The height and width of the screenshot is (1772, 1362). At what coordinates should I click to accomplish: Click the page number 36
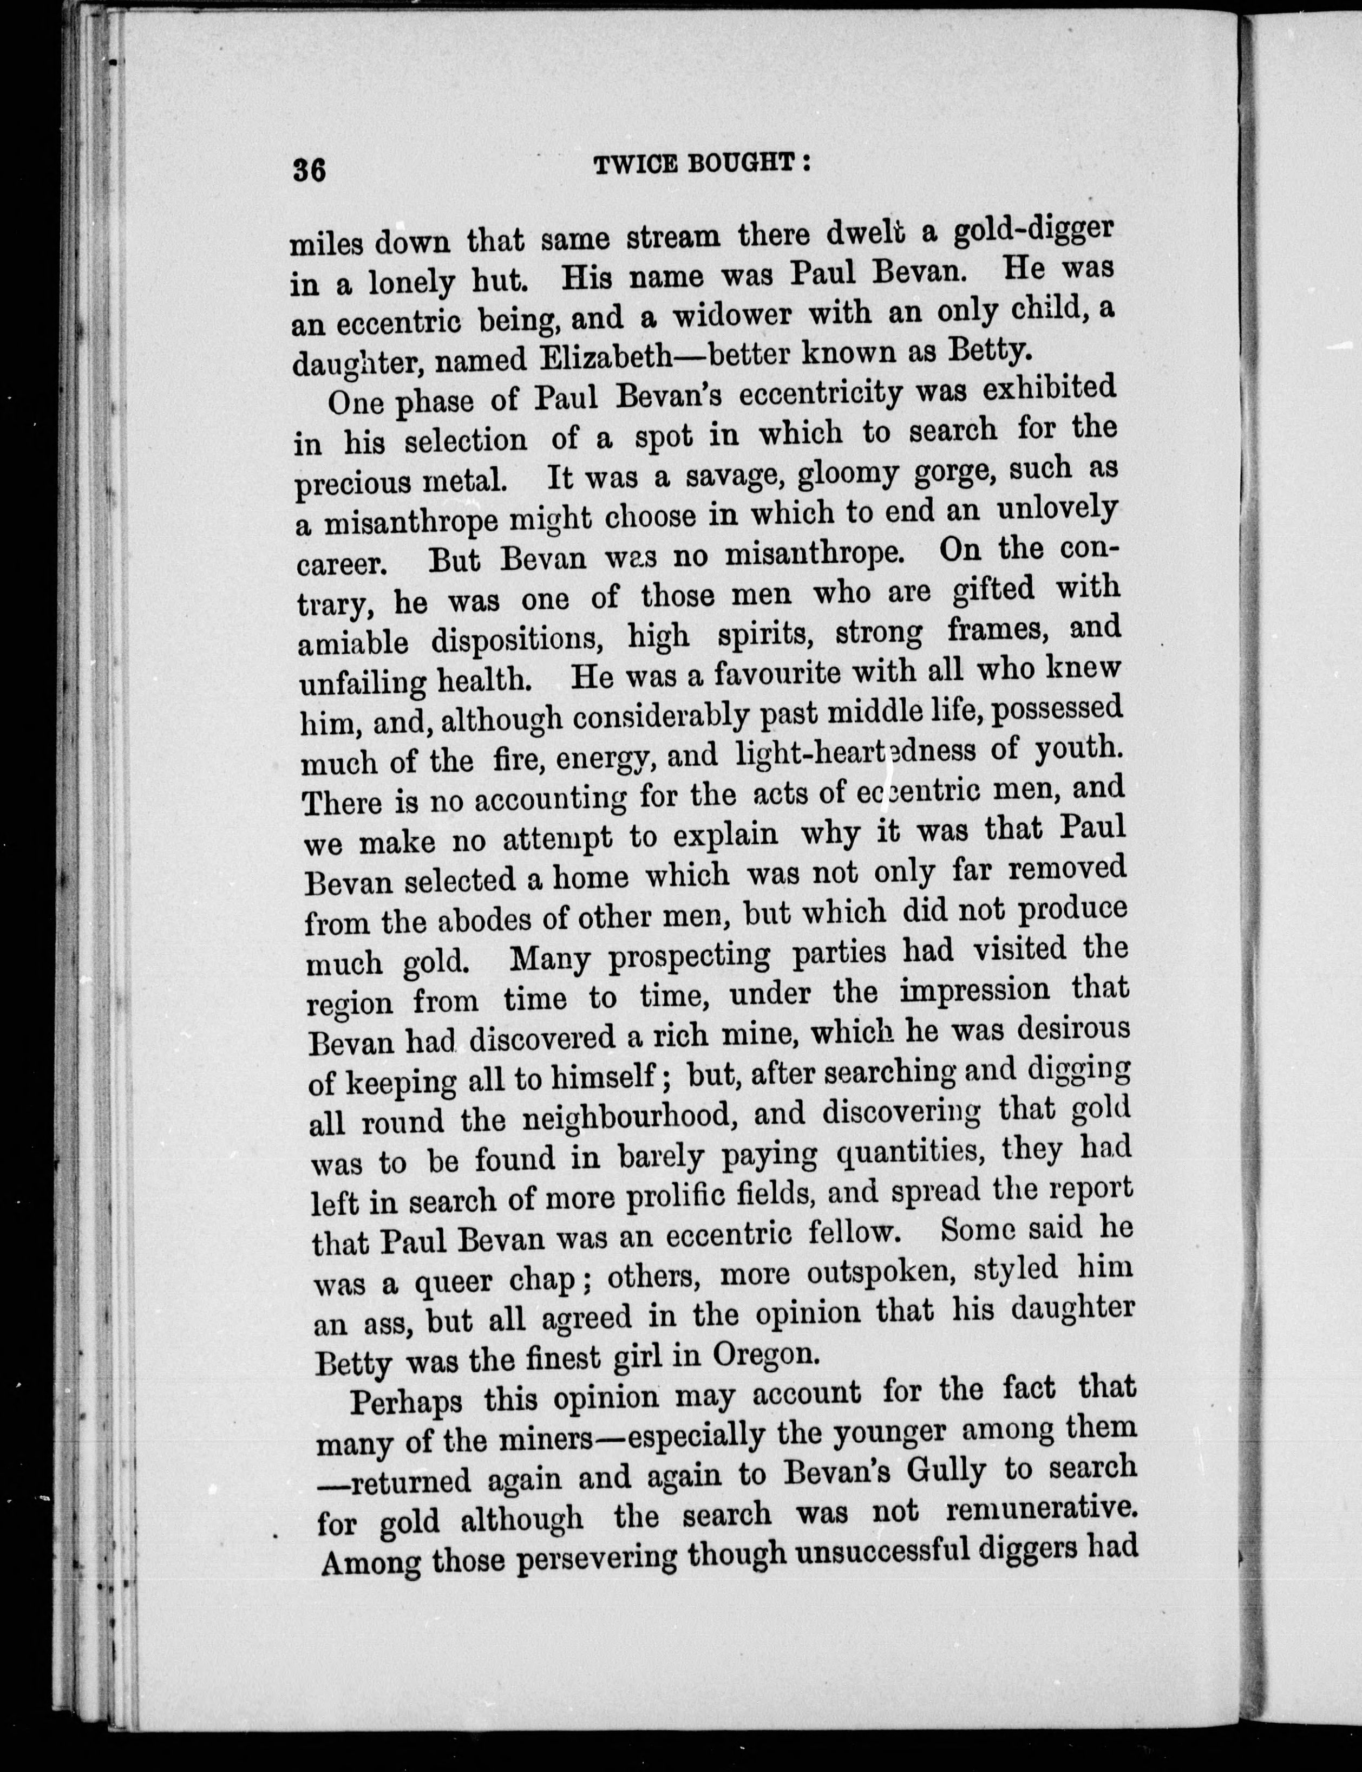pos(310,171)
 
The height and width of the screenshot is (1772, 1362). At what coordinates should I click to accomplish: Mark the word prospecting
pos(689,956)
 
